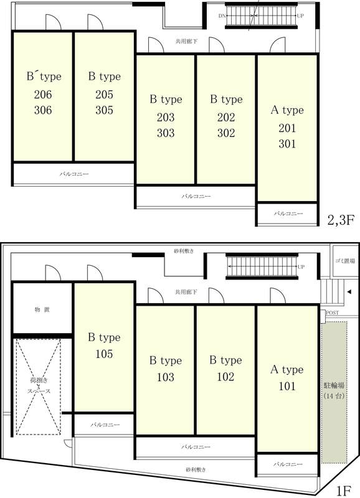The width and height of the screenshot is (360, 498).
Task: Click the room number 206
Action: pos(43,95)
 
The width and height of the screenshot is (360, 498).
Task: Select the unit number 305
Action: pos(104,110)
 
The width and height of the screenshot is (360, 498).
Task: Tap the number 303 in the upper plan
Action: pos(166,133)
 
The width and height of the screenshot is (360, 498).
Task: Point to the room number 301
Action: pos(287,144)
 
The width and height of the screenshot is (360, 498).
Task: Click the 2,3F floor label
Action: pos(341,220)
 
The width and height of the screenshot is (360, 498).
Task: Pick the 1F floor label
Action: pos(343,491)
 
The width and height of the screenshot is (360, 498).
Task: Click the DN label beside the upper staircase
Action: pos(222,16)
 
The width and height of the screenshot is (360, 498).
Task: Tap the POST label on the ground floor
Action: pos(333,313)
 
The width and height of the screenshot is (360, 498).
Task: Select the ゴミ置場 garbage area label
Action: pos(345,261)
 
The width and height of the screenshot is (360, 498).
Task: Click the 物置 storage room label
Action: pos(42,309)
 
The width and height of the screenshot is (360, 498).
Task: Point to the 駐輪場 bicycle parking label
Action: pos(334,385)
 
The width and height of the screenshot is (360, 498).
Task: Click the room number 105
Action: pos(104,354)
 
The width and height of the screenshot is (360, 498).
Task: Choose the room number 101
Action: pos(287,386)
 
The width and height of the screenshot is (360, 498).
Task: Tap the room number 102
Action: pos(225,377)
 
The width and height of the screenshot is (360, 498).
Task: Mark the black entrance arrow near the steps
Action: pos(349,292)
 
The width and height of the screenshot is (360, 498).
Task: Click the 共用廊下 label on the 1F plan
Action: pos(186,292)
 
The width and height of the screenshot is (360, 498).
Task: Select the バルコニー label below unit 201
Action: pos(288,214)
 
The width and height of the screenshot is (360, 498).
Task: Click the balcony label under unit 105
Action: pos(105,425)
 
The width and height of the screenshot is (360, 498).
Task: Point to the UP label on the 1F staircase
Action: pos(301,267)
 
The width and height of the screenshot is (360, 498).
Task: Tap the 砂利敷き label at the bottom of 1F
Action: pos(196,469)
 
